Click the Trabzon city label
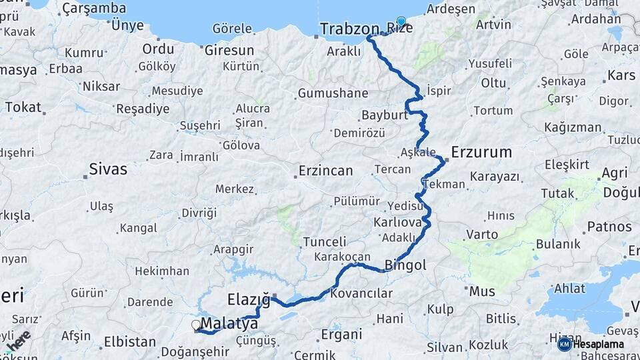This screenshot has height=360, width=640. tap(351, 29)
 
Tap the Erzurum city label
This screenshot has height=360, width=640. tap(481, 152)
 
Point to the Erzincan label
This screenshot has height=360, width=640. tap(325, 171)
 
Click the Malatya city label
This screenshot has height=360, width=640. tap(229, 324)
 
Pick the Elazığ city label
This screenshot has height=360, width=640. tap(248, 299)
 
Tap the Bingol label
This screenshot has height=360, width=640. tap(405, 265)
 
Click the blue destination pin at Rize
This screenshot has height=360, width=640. tap(401, 21)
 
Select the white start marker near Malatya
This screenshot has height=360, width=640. tap(196, 325)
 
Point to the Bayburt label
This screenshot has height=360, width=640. tap(384, 115)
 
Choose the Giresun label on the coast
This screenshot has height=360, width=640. tap(229, 50)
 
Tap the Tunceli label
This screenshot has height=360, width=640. tap(325, 241)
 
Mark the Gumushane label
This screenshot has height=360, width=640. tap(333, 93)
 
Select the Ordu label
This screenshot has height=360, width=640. tap(158, 49)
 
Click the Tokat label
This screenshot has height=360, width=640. tap(23, 107)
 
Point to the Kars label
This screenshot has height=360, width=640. tap(621, 75)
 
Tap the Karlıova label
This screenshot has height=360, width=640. tap(397, 221)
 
